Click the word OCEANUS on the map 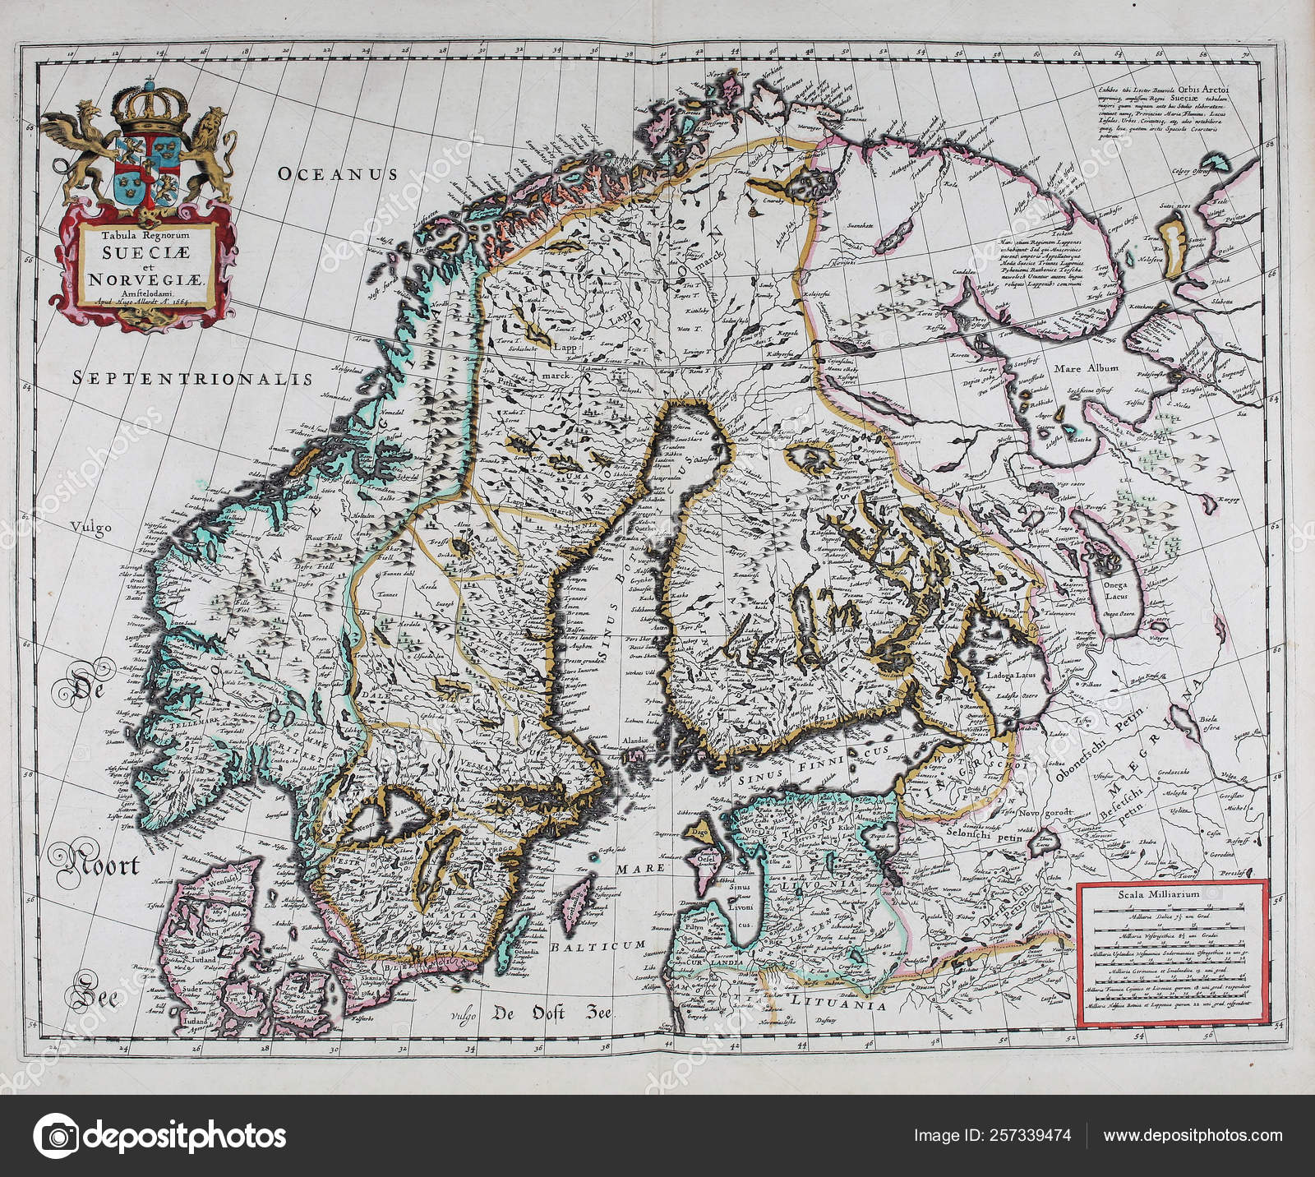(x=337, y=173)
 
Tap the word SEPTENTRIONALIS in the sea (x=192, y=378)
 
